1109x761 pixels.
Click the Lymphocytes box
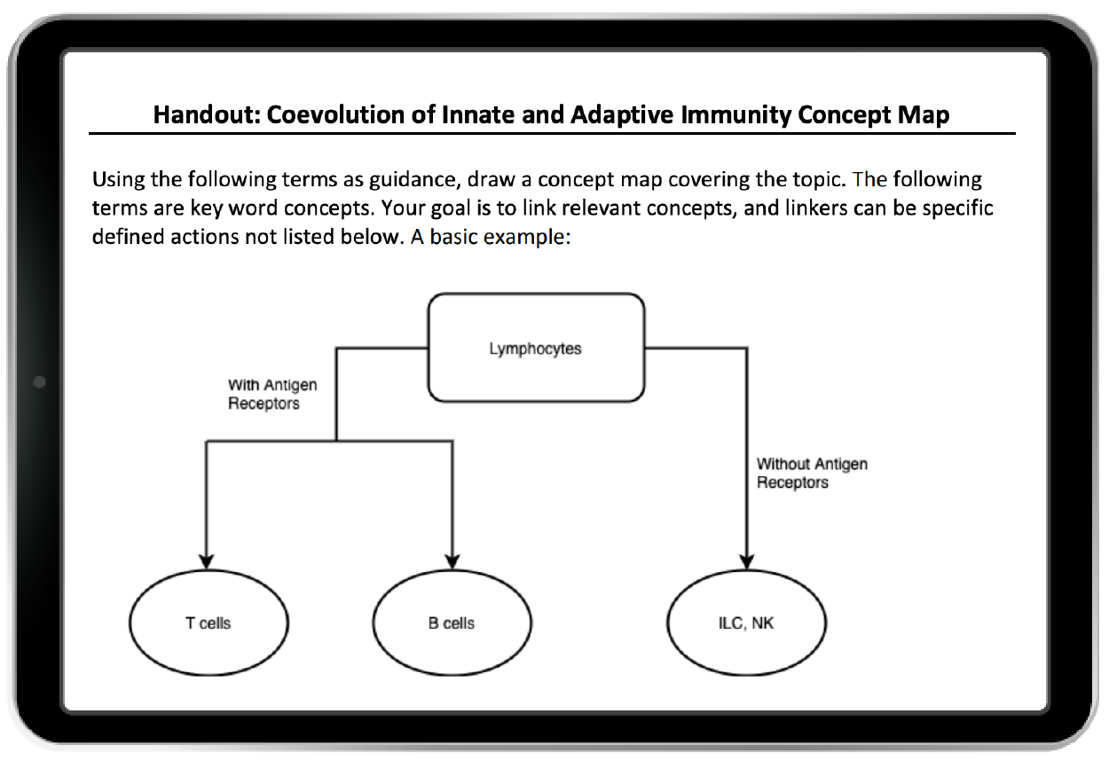536,348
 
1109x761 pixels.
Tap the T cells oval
208,623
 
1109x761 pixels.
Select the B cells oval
452,623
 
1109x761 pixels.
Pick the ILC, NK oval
746,623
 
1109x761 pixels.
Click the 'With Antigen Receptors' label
272,394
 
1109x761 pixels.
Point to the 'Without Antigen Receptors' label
812,473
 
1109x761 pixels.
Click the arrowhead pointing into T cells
206,562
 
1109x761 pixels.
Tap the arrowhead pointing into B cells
452,562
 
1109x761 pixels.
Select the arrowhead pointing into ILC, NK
747,562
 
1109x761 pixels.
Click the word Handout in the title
207,114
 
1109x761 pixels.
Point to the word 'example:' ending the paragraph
527,238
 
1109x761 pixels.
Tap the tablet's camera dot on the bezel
39,382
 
